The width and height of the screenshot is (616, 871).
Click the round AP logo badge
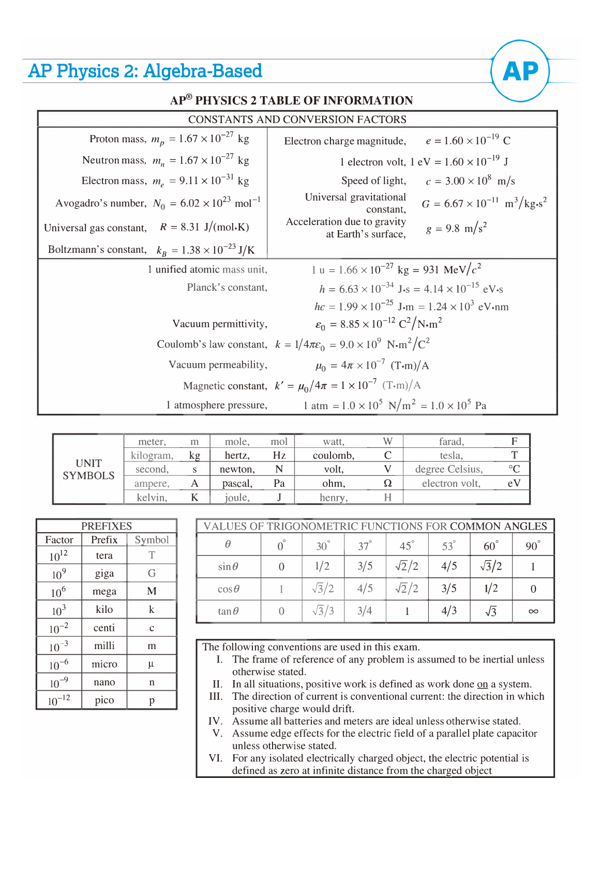click(x=520, y=71)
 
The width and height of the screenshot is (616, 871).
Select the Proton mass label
click(x=117, y=139)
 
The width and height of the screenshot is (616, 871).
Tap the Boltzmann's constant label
click(x=97, y=250)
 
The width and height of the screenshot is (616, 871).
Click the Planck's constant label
click(x=227, y=288)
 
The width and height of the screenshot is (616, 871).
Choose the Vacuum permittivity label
click(x=220, y=324)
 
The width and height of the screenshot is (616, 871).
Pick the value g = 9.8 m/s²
click(x=456, y=229)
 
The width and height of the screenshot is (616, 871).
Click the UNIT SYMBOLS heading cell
click(x=88, y=470)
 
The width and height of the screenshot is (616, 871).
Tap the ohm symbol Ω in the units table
click(x=387, y=484)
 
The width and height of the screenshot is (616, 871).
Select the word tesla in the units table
click(x=451, y=456)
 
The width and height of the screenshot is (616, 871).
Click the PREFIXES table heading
click(x=107, y=526)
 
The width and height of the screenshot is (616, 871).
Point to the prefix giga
click(x=104, y=574)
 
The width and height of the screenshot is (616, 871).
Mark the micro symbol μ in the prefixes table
click(x=152, y=664)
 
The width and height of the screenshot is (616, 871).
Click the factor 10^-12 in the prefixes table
click(x=59, y=701)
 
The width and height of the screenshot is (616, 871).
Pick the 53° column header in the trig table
click(x=448, y=546)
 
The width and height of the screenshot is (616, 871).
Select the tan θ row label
click(x=228, y=611)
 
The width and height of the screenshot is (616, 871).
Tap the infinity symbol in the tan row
click(x=533, y=611)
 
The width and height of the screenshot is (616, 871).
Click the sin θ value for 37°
click(x=365, y=566)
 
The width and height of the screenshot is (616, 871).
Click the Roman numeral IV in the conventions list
click(x=215, y=721)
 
